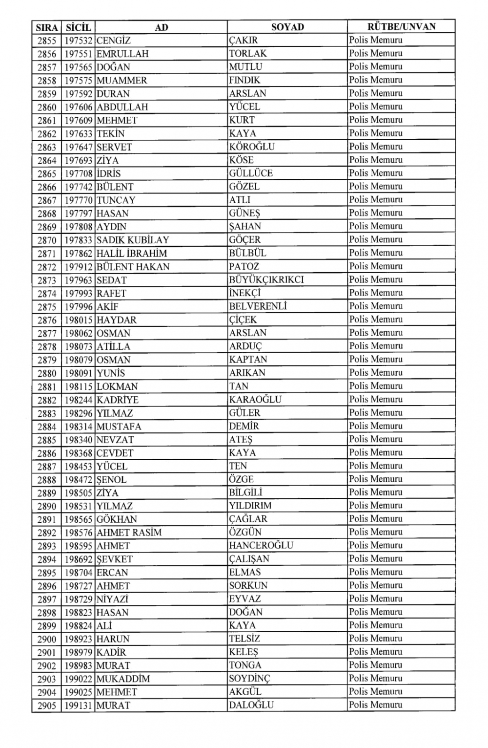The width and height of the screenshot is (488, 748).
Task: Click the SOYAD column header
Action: [287, 27]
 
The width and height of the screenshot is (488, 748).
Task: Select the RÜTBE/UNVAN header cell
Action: [401, 27]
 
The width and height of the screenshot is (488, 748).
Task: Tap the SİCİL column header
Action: [78, 27]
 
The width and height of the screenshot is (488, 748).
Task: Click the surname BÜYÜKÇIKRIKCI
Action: [266, 279]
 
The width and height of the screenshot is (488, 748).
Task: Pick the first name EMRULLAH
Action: [122, 54]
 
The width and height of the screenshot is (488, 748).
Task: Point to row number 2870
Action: [47, 240]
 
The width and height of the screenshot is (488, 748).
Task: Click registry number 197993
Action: [79, 293]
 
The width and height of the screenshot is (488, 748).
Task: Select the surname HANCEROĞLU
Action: [261, 545]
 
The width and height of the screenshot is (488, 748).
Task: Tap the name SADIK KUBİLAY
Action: [133, 240]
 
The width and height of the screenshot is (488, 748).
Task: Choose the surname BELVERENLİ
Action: [258, 306]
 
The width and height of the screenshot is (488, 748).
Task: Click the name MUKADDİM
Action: [123, 679]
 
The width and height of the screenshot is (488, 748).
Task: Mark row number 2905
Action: [47, 705]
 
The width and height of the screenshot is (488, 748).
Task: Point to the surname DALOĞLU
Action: [251, 705]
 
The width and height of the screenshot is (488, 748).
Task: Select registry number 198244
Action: [79, 400]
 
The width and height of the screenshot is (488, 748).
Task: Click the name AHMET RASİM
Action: [129, 533]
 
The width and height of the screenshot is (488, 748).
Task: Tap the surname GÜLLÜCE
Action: [251, 173]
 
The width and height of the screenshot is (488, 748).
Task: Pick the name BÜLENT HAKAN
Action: [133, 267]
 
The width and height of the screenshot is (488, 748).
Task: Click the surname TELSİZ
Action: [244, 639]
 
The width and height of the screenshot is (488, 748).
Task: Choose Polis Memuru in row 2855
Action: [376, 41]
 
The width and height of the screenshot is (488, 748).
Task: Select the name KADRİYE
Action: [118, 400]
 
